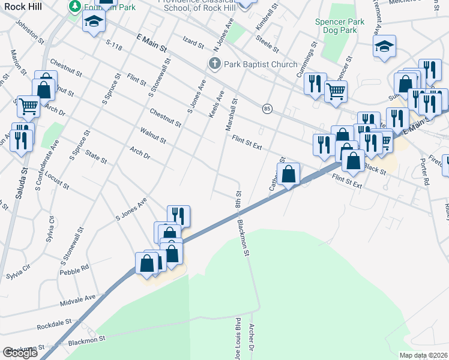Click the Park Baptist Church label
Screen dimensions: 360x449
261,64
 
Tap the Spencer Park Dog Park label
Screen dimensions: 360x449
340,26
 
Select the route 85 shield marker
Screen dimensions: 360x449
267,109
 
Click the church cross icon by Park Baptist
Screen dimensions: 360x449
214,64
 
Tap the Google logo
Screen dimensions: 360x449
20,353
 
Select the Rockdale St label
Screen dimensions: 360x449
54,326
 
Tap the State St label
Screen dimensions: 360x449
96,158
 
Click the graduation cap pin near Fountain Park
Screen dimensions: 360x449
93,23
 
